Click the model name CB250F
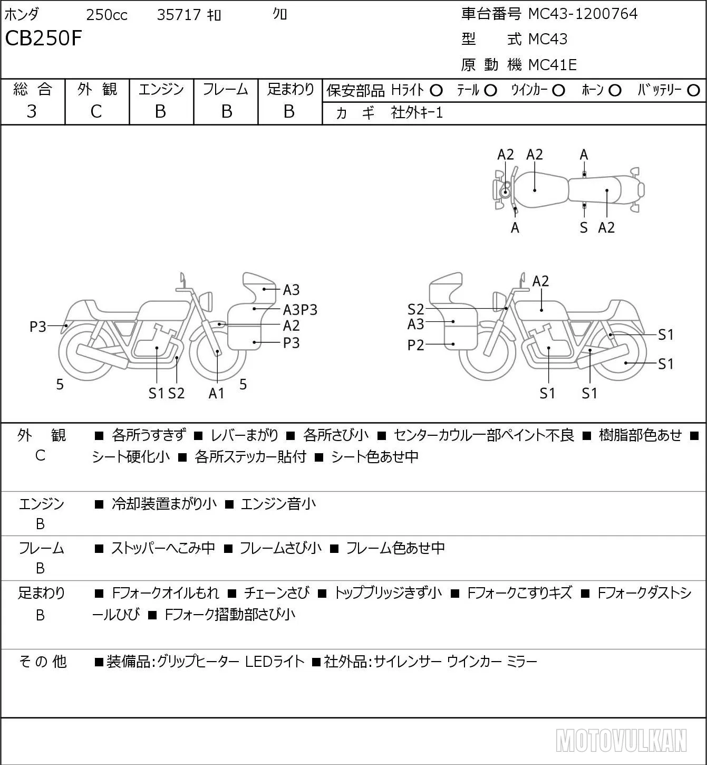[44, 39]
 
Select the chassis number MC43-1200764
[583, 14]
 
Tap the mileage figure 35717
[179, 15]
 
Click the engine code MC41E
[553, 65]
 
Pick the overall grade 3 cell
[32, 111]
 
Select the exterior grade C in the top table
[96, 112]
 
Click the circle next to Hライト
[436, 91]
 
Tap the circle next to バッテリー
[693, 91]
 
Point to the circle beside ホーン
[615, 91]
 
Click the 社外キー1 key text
[417, 113]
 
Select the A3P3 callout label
[300, 310]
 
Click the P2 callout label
[415, 345]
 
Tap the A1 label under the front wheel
[216, 393]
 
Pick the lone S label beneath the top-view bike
[584, 227]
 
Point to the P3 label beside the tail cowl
[38, 327]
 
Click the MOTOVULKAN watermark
[621, 741]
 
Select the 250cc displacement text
[106, 15]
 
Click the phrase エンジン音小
[278, 504]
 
